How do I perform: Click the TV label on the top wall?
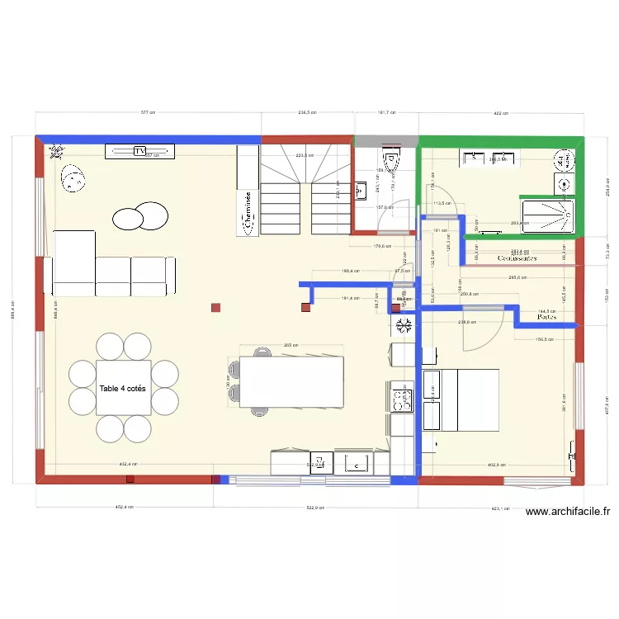coord(139,151)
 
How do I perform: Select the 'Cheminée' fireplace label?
coord(247,210)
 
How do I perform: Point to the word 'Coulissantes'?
coord(517,258)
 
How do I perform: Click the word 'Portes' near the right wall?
coord(546,316)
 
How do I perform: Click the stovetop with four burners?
coord(402,400)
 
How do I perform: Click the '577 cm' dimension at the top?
coord(148,112)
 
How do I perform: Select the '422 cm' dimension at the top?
coord(500,112)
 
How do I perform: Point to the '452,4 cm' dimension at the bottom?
coord(124,508)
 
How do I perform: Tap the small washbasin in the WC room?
coord(361,191)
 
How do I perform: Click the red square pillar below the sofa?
coord(215,308)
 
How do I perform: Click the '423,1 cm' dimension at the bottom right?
coord(500,508)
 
